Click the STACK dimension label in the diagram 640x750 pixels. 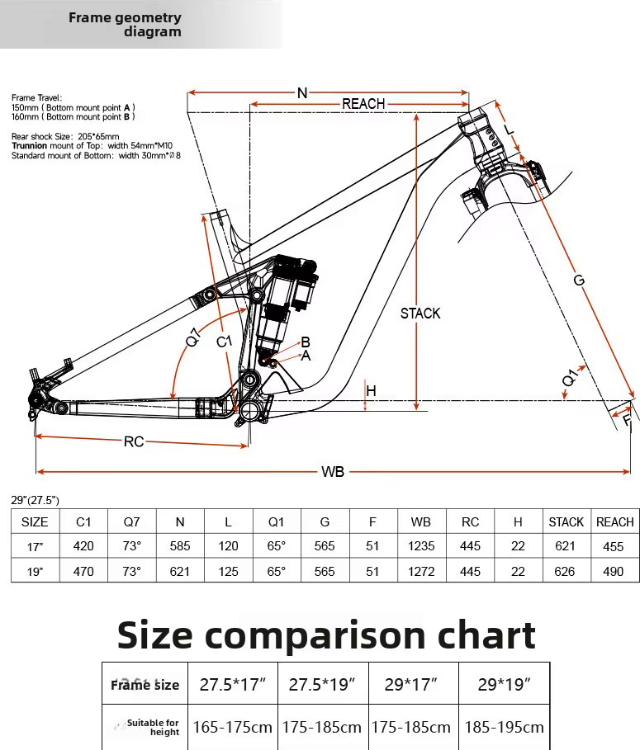[420, 314]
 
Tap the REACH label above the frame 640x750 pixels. [363, 104]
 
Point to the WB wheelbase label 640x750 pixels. [333, 472]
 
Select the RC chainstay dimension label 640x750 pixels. [134, 441]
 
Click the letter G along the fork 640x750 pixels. [579, 280]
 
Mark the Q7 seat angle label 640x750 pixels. [192, 337]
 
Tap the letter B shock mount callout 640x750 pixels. [306, 342]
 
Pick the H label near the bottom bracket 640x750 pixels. [371, 391]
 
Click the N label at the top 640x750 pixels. [302, 92]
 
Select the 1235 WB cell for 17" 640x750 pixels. [421, 545]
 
